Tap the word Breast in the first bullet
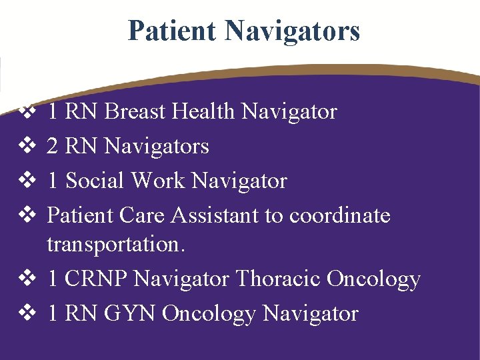[136, 111]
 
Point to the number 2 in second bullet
[52, 146]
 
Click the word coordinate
[340, 215]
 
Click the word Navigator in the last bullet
[311, 313]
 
